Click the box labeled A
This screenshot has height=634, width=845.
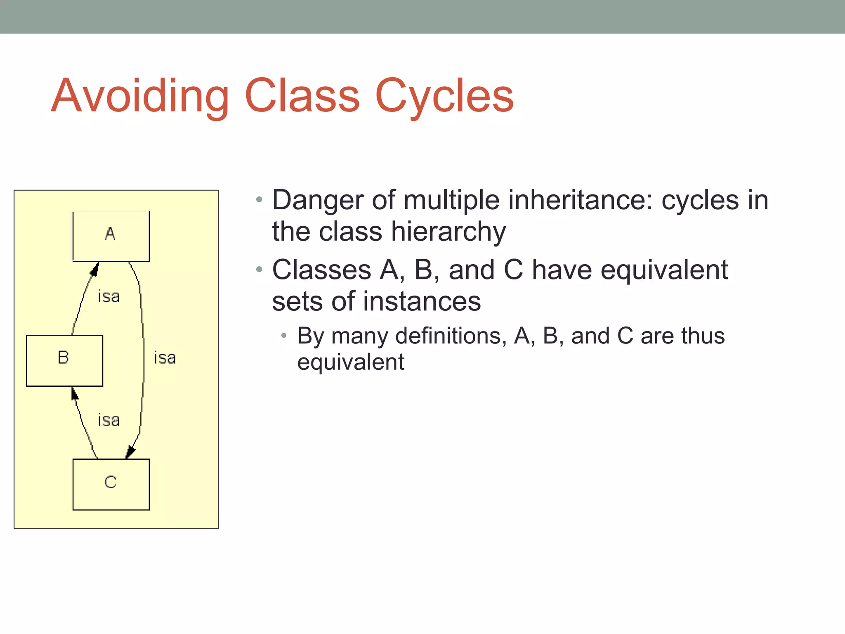111,236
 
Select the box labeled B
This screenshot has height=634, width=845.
64,360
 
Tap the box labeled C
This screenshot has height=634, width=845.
111,484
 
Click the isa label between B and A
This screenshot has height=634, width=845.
109,296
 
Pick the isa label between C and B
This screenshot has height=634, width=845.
109,420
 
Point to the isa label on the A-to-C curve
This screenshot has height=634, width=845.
165,358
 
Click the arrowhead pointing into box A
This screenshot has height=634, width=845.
95,269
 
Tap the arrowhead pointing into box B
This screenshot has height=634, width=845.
74,394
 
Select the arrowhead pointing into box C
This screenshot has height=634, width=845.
130,452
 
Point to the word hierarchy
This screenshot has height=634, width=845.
448,232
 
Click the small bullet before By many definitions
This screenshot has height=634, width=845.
283,336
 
